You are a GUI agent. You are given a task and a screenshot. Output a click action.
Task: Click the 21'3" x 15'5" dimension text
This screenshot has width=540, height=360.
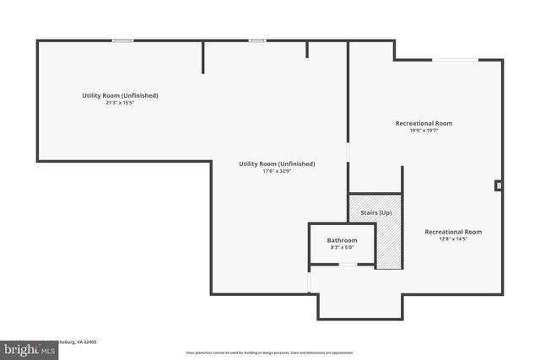[120, 103]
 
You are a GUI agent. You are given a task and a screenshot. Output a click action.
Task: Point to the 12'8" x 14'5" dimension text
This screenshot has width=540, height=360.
[453, 239]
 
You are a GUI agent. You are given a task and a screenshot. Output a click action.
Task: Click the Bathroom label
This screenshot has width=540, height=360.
[342, 240]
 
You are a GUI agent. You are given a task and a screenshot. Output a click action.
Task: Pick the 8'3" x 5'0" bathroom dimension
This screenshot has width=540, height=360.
[342, 248]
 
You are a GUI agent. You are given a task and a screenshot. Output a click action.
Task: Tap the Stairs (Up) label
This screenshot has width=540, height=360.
[375, 212]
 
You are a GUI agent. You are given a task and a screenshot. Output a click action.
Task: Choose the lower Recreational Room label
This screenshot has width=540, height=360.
[453, 231]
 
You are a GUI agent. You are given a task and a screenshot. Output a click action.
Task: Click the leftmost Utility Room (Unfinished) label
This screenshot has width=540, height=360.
[120, 95]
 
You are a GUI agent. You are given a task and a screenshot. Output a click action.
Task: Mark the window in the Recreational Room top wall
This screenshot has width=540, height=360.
[454, 60]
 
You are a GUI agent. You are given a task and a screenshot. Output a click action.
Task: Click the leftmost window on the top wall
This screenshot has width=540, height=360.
[123, 40]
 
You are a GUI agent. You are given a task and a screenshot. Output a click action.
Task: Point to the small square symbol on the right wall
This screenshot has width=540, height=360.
[499, 185]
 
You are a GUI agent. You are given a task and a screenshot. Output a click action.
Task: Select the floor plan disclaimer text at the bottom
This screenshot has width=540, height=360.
[270, 352]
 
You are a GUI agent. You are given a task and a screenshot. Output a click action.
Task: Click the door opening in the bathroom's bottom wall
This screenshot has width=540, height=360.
[348, 266]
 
